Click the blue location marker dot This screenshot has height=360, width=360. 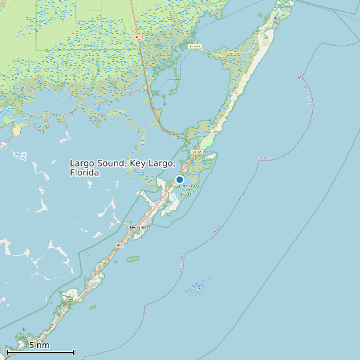tap(179, 179)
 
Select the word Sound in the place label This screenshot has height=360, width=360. tap(111, 163)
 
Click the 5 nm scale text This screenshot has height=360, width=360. tap(39, 345)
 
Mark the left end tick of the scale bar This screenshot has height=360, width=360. tap(7, 352)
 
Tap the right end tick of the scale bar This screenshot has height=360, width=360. tap(74, 352)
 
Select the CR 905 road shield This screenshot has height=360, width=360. tap(196, 152)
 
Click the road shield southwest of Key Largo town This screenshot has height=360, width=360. tap(120, 245)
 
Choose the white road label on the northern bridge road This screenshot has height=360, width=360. tap(195, 46)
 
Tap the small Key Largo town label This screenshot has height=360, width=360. tap(139, 226)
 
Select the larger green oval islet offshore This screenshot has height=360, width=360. tap(133, 258)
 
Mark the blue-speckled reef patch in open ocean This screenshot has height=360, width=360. tap(198, 288)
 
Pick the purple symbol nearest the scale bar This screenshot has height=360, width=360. tap(24, 329)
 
